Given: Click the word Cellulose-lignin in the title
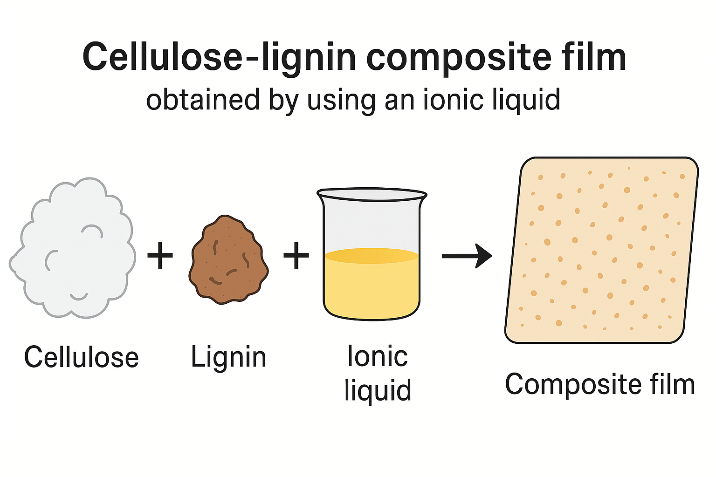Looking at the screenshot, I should [x=219, y=57].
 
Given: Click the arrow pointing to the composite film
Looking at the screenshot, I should [x=467, y=256].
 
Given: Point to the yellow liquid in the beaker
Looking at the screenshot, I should [x=372, y=284].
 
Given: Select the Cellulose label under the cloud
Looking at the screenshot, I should [x=82, y=357].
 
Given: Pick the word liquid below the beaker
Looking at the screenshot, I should [x=378, y=390].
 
